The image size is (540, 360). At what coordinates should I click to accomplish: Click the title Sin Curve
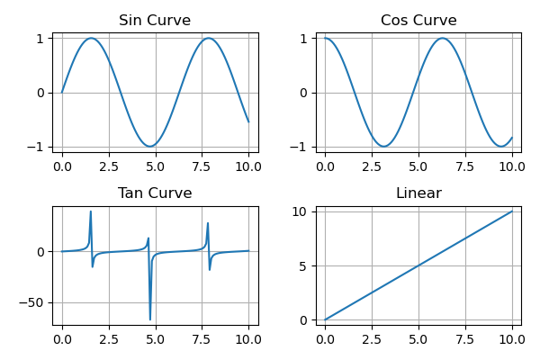point(155,21)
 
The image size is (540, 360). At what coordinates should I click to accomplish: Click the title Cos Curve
point(418,21)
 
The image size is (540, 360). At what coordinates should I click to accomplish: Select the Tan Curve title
point(155,193)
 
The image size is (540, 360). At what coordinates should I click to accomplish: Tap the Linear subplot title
point(418,193)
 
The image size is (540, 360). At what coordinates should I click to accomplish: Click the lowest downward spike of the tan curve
point(150,319)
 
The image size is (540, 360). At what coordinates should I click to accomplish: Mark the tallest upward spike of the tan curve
point(91,211)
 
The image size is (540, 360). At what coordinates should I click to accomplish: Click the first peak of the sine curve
point(91,38)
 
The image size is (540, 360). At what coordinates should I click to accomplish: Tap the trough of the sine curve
point(150,147)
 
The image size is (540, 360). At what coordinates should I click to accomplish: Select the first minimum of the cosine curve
point(384,147)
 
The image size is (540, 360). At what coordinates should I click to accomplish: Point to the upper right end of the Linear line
point(512,211)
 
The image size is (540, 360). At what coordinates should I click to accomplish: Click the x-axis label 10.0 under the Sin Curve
point(248,166)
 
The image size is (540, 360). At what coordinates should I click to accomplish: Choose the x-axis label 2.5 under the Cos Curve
point(372,166)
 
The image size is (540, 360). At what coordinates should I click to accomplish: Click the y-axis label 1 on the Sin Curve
point(40,39)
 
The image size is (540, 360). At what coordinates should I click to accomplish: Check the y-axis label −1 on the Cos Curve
point(301,147)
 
